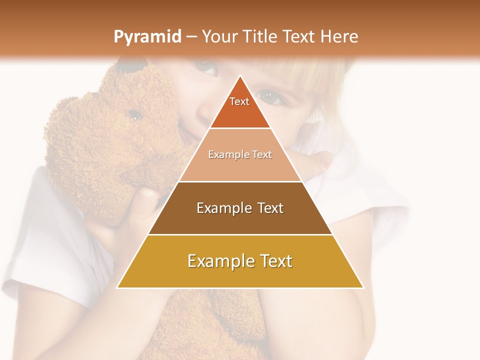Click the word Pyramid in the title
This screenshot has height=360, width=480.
(147, 37)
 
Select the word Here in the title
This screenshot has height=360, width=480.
(339, 36)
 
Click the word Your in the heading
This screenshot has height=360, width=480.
(220, 36)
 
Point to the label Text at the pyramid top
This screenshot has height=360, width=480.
(239, 101)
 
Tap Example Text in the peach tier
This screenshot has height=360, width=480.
(240, 154)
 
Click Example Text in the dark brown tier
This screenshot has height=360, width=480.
(240, 208)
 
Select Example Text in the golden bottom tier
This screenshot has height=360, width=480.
(240, 261)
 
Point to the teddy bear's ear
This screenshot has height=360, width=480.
(131, 65)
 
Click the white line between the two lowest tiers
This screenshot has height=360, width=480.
(240, 234)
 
